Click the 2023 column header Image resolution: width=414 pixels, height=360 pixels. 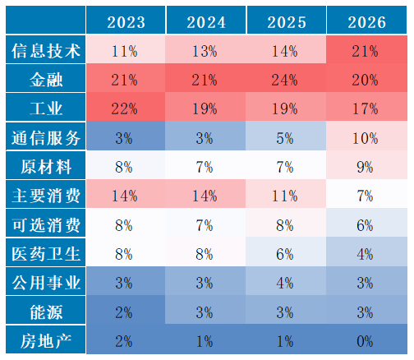pos(126,22)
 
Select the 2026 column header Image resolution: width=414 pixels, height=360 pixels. pos(367,22)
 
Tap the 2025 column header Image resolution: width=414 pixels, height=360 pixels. pos(287,22)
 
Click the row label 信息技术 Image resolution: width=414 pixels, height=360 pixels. pos(46,51)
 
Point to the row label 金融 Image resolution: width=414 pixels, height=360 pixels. pos(46,80)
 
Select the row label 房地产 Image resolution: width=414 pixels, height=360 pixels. pos(46,341)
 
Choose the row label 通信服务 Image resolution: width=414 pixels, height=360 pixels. pos(46,138)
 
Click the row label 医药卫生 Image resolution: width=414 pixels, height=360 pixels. pos(46,254)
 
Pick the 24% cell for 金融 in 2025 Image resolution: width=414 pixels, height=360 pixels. pos(284,81)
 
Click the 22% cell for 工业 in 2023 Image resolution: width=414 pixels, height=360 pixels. pos(124,109)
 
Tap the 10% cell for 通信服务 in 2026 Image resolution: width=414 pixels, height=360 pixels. pos(365,138)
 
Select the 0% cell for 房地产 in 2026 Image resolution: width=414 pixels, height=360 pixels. pos(365,342)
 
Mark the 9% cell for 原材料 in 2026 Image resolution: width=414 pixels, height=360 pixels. pos(365,167)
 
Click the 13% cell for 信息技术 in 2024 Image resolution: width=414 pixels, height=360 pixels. pos(205,51)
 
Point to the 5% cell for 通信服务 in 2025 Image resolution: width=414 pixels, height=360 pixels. pos(284,138)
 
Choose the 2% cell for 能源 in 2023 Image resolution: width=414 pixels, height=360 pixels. pos(124,312)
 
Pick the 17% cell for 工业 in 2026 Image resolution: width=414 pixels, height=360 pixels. pos(365,109)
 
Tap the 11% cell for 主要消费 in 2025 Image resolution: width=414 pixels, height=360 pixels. pos(284,196)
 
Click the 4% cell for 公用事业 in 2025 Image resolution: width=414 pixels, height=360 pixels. pos(284,284)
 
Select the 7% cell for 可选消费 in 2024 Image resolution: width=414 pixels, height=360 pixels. pos(205,225)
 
